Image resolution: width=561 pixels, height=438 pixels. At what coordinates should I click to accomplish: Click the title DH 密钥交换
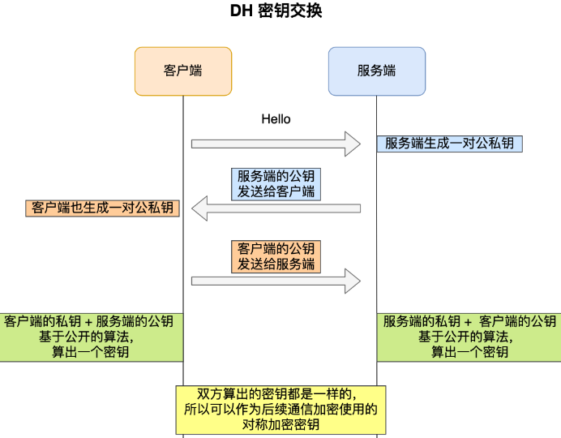[276, 11]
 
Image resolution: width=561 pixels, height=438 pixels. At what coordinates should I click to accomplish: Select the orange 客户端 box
[183, 71]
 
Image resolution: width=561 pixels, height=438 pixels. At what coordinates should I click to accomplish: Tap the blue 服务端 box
[377, 71]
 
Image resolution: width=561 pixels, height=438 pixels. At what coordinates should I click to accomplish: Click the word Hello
[276, 119]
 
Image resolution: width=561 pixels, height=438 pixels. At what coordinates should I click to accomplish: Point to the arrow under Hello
[276, 144]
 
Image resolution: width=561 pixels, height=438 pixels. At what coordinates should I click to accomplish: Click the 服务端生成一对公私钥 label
[450, 144]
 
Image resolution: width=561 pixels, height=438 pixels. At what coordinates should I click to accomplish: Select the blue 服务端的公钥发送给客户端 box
[276, 184]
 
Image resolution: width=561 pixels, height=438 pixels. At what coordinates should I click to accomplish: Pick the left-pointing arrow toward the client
[276, 208]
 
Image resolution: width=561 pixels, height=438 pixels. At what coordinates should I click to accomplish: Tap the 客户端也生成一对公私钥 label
[102, 208]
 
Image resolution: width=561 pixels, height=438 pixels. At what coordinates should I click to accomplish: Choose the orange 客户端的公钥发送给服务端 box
[276, 257]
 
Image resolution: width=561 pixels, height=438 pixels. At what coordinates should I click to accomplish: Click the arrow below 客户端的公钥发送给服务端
[276, 281]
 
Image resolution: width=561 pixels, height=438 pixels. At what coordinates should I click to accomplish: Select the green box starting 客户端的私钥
[92, 337]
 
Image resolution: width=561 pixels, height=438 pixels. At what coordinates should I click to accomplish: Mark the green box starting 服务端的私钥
[469, 337]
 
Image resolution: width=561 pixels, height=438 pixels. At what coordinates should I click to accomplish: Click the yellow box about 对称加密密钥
[280, 410]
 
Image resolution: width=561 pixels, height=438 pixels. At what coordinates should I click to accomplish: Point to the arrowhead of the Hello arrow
[353, 144]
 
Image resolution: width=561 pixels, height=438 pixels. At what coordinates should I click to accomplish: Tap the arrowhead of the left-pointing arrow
[199, 208]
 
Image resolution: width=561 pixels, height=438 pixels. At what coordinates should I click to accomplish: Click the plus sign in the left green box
[88, 322]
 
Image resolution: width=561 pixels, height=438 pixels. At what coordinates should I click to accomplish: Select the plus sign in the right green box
[468, 322]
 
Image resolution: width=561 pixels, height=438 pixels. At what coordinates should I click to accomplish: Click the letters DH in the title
[242, 11]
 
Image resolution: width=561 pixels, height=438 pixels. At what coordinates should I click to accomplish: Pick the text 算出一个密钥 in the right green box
[469, 352]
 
